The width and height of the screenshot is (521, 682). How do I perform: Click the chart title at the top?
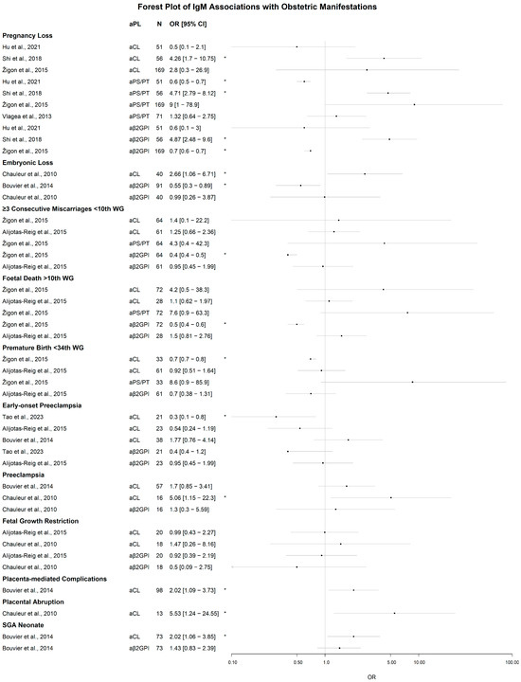coord(260,7)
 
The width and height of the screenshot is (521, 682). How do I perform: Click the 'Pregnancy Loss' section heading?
coord(27,35)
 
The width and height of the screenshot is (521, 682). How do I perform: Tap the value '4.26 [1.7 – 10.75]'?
coord(194,58)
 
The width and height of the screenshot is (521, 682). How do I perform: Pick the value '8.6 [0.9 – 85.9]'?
coord(190,382)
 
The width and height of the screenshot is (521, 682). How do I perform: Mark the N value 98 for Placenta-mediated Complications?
coord(158,589)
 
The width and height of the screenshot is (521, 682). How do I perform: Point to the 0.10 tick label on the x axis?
coord(232,661)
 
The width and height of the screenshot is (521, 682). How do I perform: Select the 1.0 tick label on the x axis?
coord(325,661)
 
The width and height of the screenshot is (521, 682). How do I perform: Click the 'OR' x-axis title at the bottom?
coord(371,674)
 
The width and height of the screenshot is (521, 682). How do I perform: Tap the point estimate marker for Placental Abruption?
coord(394,613)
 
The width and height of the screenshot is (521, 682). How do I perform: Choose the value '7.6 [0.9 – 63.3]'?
coord(190,313)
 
